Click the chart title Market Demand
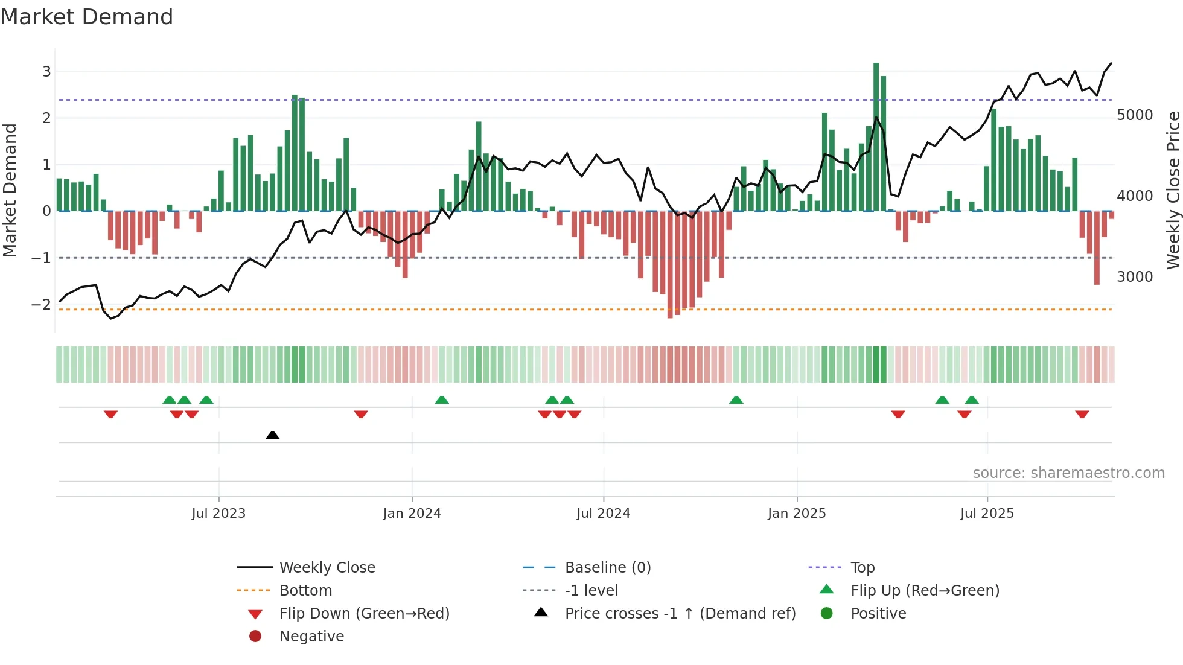tap(87, 17)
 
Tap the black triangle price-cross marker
tap(272, 435)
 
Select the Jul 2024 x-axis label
tap(603, 514)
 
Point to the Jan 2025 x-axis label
tap(796, 514)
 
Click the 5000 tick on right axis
tap(1134, 115)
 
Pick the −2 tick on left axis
tap(41, 305)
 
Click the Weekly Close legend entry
tap(327, 568)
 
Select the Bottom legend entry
tap(305, 591)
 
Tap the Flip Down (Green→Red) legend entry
tap(364, 614)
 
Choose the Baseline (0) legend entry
tap(607, 568)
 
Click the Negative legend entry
tap(311, 637)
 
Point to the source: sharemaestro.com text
tap(1068, 473)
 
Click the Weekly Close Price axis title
tap(1173, 190)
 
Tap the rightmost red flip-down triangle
tap(1082, 414)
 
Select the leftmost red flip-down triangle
tap(110, 414)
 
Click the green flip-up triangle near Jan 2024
tap(442, 400)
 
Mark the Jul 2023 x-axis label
tap(218, 514)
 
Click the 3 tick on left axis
tap(46, 72)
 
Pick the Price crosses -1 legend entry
tap(680, 614)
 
